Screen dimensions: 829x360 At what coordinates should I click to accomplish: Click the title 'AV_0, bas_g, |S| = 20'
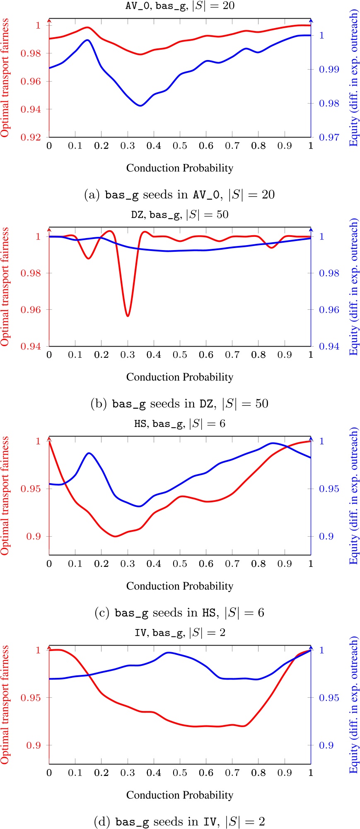coord(180,6)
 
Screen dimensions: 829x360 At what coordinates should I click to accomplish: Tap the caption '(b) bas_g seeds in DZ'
coord(179,404)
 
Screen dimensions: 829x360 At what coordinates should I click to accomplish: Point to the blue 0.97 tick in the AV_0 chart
coord(329,137)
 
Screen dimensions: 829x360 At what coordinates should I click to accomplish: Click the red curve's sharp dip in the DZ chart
coord(128,316)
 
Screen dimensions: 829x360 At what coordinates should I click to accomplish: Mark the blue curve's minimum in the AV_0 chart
coord(140,106)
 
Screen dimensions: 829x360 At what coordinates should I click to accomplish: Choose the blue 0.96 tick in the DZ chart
coord(329,310)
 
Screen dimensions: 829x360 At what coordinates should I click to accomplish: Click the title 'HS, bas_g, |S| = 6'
coord(180,424)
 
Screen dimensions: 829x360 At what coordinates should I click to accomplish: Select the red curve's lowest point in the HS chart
coord(115,536)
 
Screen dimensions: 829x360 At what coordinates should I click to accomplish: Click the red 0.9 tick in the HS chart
coord(35,537)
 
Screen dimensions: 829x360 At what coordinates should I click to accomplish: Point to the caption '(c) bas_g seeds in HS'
coord(179,613)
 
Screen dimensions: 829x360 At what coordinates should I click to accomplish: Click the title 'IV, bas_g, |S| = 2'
coord(180,633)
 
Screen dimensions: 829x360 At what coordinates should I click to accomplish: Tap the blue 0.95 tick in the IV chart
coord(329,698)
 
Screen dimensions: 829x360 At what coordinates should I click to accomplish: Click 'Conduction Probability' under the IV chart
coord(179,795)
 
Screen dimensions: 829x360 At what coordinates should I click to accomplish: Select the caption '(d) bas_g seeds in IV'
coord(179,822)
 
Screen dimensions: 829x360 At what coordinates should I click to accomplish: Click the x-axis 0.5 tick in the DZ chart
coord(180,355)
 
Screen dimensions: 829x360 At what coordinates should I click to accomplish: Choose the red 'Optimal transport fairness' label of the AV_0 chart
coord(5,78)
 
